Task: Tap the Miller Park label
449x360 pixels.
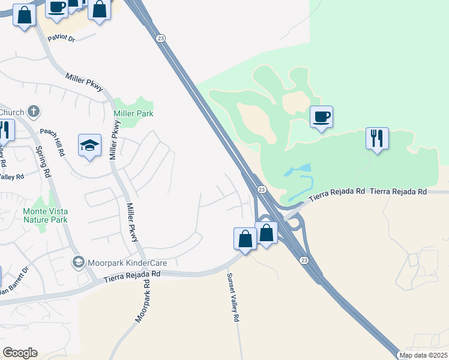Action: pyautogui.click(x=133, y=113)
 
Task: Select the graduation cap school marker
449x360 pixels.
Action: pyautogui.click(x=89, y=146)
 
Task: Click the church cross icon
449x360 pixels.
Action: pyautogui.click(x=34, y=111)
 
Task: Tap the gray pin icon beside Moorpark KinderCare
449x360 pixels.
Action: pyautogui.click(x=78, y=262)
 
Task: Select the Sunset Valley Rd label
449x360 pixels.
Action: pyautogui.click(x=232, y=298)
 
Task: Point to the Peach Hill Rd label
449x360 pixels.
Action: pyautogui.click(x=53, y=142)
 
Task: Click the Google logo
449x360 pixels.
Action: pyautogui.click(x=20, y=353)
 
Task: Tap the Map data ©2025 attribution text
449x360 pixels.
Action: pyautogui.click(x=423, y=355)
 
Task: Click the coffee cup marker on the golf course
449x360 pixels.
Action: pyautogui.click(x=321, y=116)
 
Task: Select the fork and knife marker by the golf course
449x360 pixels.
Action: pyautogui.click(x=377, y=139)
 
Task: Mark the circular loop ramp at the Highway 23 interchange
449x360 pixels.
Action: pyautogui.click(x=294, y=223)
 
